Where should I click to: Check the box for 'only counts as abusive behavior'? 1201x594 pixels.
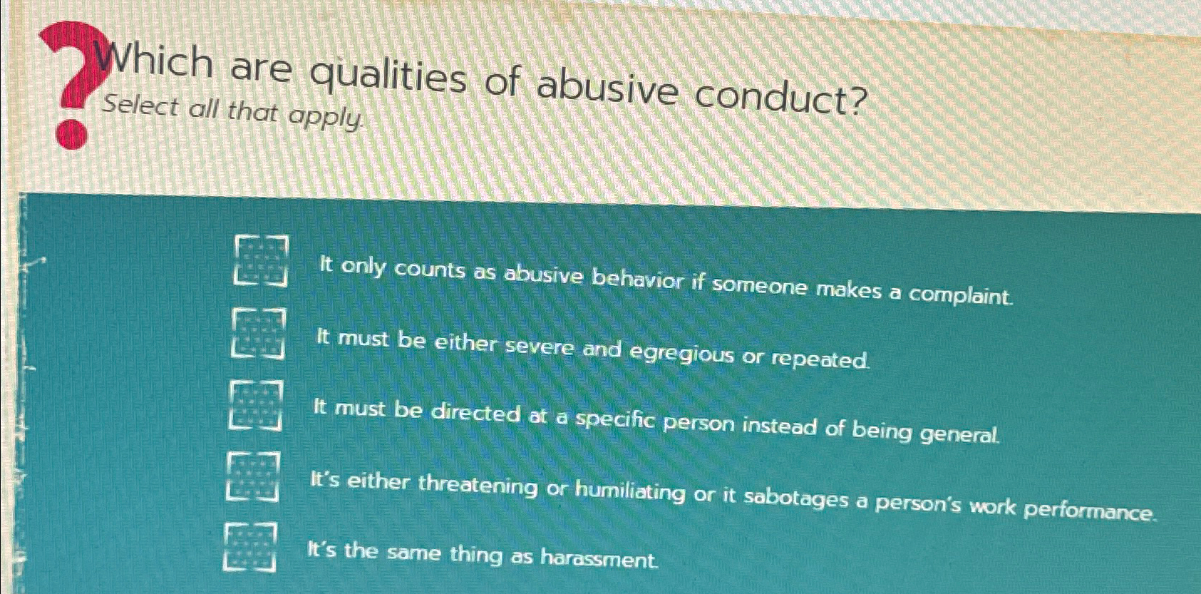pyautogui.click(x=261, y=260)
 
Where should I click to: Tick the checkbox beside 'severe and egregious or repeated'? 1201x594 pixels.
pyautogui.click(x=259, y=332)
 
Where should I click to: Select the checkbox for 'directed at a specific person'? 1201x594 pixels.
pyautogui.click(x=256, y=405)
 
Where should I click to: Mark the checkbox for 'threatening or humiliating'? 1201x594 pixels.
pyautogui.click(x=253, y=476)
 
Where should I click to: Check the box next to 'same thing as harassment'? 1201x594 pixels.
pyautogui.click(x=250, y=547)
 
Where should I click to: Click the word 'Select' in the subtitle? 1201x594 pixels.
pyautogui.click(x=140, y=107)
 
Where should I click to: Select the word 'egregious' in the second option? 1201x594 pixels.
pyautogui.click(x=678, y=354)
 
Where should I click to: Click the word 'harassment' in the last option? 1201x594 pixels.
pyautogui.click(x=599, y=558)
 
